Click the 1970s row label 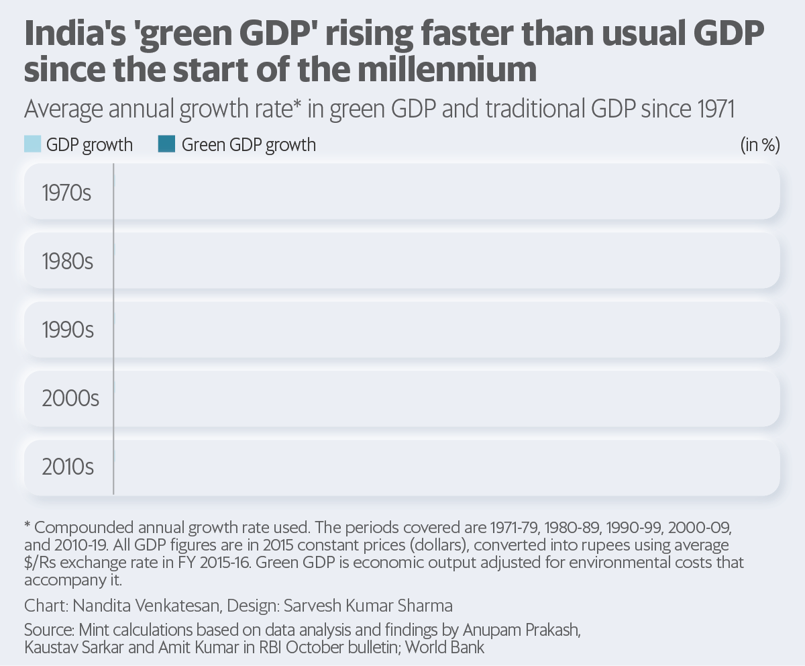(66, 193)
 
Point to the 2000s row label (70, 399)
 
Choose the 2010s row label (68, 467)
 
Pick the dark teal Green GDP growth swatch (166, 144)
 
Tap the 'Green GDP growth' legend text (249, 145)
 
